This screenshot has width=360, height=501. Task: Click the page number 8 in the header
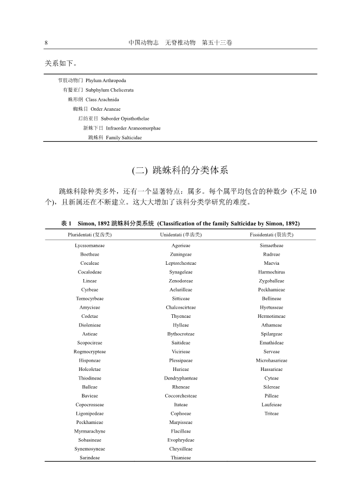(46, 43)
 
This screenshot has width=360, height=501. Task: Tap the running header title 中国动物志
(144, 43)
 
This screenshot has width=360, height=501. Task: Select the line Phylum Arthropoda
(106, 81)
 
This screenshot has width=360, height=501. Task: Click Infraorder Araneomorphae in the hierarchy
(133, 128)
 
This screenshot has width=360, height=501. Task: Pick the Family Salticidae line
(124, 138)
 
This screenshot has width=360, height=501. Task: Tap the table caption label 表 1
(66, 223)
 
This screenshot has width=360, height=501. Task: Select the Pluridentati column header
(90, 235)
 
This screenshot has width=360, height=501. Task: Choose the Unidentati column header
(181, 235)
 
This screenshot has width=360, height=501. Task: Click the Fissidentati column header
(271, 235)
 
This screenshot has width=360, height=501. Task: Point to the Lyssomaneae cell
(90, 246)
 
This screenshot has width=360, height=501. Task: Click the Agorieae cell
(181, 246)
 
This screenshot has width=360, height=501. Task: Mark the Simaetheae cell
(271, 246)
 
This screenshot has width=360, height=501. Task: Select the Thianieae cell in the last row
(181, 458)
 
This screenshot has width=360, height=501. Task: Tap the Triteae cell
(271, 414)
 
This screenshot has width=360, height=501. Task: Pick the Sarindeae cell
(90, 458)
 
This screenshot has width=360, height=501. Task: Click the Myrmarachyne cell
(90, 432)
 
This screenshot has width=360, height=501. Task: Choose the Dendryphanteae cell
(181, 379)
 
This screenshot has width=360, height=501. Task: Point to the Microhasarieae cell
(271, 361)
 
